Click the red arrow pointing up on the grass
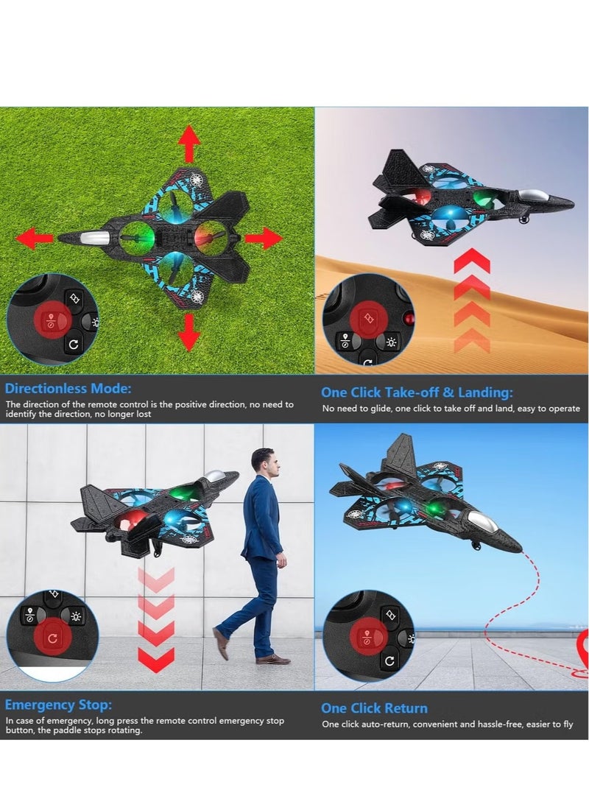[x=189, y=144]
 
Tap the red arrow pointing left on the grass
[x=35, y=238]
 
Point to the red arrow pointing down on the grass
[x=189, y=332]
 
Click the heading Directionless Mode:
[x=68, y=388]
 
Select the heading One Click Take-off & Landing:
[x=417, y=392]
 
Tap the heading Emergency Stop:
[x=58, y=705]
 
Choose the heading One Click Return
[x=374, y=708]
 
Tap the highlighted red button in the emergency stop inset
[x=52, y=638]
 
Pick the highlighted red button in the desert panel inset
[x=369, y=318]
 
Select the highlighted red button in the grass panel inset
[x=51, y=320]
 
